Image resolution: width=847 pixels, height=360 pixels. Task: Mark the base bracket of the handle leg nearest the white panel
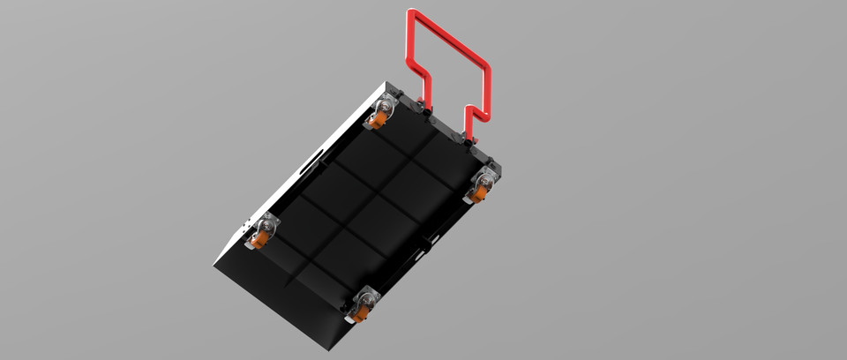pyautogui.click(x=429, y=113)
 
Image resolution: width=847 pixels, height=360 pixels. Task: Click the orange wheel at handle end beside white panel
pyautogui.click(x=380, y=118)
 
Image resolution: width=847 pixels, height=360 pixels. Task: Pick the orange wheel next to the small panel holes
pyautogui.click(x=260, y=236)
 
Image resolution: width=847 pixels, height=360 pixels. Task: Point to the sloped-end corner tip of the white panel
pyautogui.click(x=214, y=262)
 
